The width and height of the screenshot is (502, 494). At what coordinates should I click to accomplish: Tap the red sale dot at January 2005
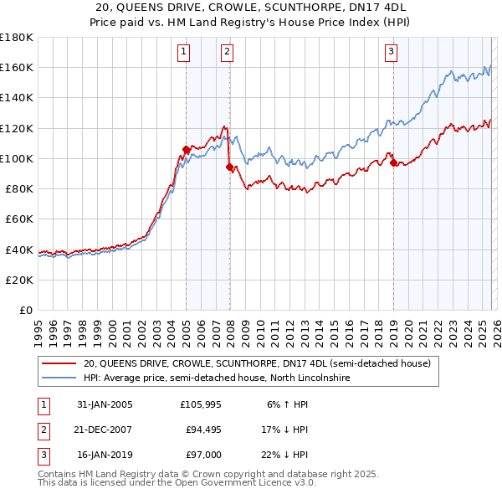pyautogui.click(x=186, y=150)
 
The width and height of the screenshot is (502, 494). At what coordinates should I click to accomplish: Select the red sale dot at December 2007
pyautogui.click(x=228, y=167)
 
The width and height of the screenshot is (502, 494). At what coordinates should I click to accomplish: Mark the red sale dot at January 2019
pyautogui.click(x=393, y=163)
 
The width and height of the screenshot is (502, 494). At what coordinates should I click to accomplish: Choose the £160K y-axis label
pyautogui.click(x=17, y=67)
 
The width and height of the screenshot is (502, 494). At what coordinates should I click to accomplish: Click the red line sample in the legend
pyautogui.click(x=59, y=364)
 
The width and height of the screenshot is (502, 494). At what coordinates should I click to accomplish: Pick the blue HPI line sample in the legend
pyautogui.click(x=59, y=378)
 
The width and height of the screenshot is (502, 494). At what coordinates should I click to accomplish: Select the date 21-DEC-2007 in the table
pyautogui.click(x=105, y=429)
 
